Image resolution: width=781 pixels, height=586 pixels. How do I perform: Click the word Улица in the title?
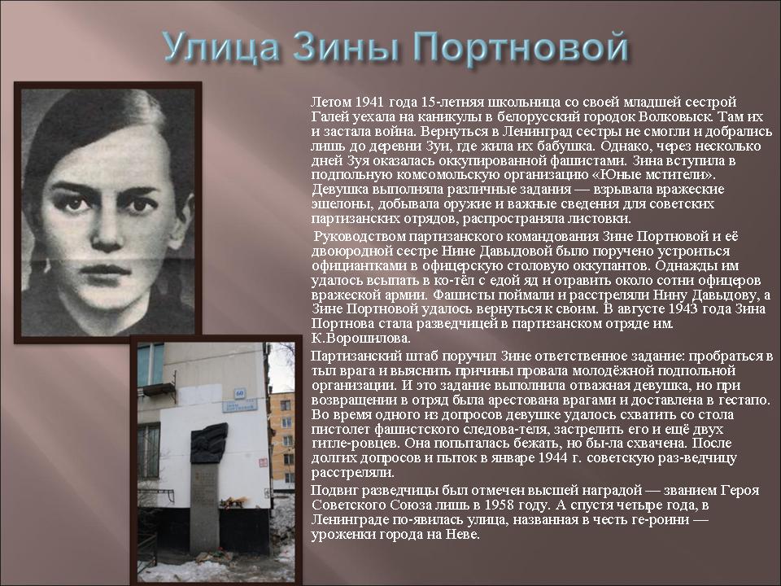point(220,48)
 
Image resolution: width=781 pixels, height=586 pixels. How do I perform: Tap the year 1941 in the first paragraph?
point(369,103)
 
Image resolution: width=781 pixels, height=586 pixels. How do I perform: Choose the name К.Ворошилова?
point(361,338)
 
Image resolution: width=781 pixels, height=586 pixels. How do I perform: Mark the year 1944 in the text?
point(554,457)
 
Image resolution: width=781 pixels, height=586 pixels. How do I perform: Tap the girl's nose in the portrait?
point(107,230)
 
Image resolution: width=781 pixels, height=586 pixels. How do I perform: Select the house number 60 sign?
point(239,393)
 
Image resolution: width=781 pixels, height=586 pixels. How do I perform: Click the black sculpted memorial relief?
point(209,443)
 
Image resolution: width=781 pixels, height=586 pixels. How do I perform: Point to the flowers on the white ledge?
point(235,501)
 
